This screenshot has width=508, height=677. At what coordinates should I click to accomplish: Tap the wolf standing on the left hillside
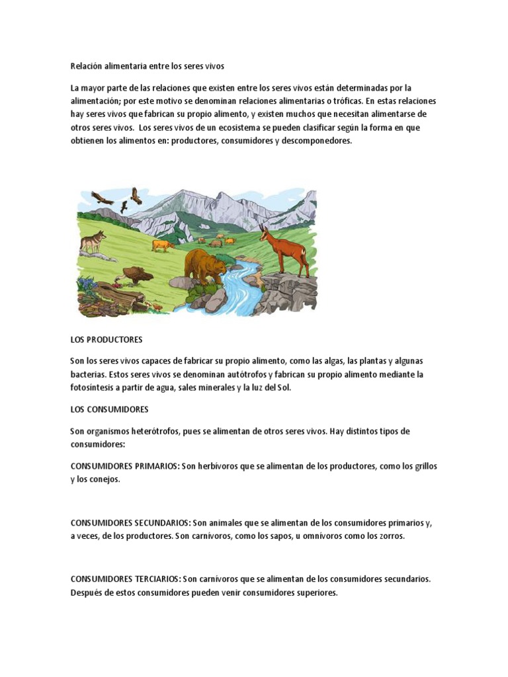(93, 241)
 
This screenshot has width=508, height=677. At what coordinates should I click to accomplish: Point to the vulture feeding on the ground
(137, 274)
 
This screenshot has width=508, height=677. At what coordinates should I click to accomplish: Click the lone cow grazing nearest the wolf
(162, 245)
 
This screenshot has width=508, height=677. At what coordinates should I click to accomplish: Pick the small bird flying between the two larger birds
(124, 206)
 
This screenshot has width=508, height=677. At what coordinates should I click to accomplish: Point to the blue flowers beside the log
(86, 286)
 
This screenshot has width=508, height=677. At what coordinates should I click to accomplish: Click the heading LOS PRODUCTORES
(106, 339)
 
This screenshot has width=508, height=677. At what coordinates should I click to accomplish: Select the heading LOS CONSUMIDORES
(109, 409)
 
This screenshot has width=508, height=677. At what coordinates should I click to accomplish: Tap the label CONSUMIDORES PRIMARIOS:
(124, 466)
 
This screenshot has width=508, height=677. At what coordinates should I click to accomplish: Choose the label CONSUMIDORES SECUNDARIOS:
(130, 523)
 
